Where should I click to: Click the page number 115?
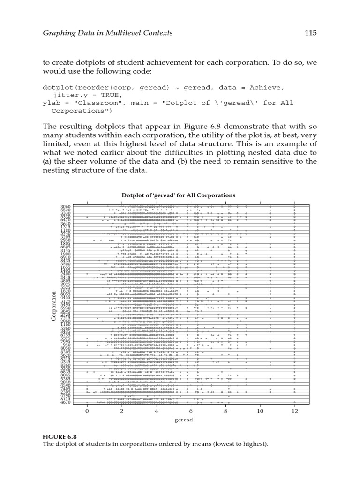click(310, 32)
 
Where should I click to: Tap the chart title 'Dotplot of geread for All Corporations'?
click(179, 195)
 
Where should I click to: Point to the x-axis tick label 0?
click(87, 411)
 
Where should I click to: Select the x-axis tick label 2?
click(122, 411)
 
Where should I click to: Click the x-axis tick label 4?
click(157, 411)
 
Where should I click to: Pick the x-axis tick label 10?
click(260, 411)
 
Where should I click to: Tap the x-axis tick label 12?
click(295, 411)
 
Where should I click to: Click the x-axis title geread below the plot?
click(184, 420)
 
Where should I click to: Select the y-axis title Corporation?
click(54, 306)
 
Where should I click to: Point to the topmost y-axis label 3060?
click(66, 206)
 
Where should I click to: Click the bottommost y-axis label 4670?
click(66, 402)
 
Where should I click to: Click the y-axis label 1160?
click(66, 324)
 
